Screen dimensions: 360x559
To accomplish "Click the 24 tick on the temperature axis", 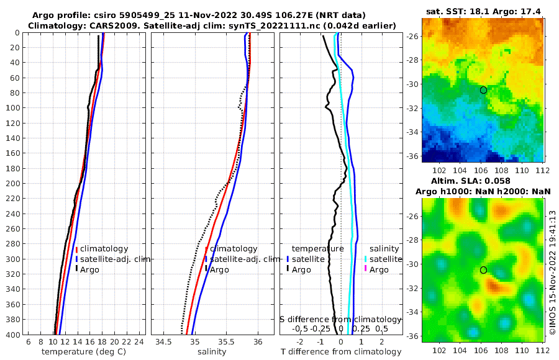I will coord(139,342).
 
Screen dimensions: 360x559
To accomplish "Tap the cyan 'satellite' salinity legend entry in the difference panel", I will coord(384,259).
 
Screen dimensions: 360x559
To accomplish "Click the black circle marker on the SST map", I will coord(483,90).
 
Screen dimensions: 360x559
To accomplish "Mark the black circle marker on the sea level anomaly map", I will coord(483,270).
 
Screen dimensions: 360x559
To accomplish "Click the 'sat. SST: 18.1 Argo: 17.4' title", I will coord(484,12).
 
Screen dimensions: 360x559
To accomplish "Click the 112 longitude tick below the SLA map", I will coord(541,348).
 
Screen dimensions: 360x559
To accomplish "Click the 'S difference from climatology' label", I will coord(340,318).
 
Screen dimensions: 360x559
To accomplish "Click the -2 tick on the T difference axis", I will coord(300,342).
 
